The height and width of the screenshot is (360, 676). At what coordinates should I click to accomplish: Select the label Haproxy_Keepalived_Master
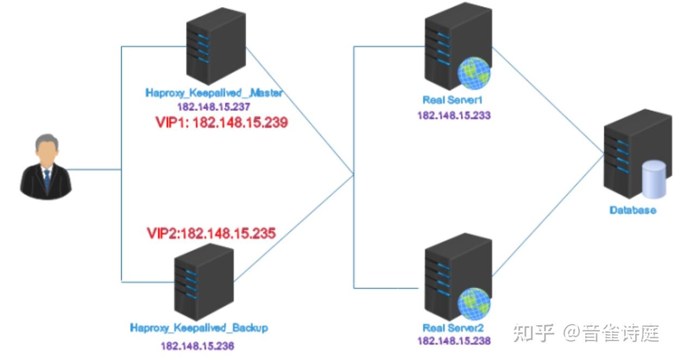pyautogui.click(x=214, y=93)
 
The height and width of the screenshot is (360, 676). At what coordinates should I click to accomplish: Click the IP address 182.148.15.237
pyautogui.click(x=214, y=106)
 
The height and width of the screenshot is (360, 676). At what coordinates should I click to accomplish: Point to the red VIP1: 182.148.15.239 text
pyautogui.click(x=221, y=123)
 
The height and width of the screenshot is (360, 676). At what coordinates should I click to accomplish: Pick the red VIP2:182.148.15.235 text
pyautogui.click(x=211, y=234)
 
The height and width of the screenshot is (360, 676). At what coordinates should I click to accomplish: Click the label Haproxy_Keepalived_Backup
pyautogui.click(x=199, y=328)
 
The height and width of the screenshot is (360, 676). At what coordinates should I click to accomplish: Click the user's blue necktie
pyautogui.click(x=47, y=179)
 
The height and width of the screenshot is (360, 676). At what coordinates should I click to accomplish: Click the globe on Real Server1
pyautogui.click(x=474, y=73)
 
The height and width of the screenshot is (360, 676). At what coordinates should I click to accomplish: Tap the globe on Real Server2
pyautogui.click(x=474, y=303)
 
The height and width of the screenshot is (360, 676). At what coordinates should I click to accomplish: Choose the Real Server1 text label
pyautogui.click(x=453, y=100)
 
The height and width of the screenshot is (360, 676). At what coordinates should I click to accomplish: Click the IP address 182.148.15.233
pyautogui.click(x=454, y=115)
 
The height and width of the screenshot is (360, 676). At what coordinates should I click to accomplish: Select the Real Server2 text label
pyautogui.click(x=453, y=328)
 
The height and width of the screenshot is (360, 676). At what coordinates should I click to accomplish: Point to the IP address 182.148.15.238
pyautogui.click(x=454, y=342)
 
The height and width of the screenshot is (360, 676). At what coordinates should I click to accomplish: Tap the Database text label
pyautogui.click(x=633, y=210)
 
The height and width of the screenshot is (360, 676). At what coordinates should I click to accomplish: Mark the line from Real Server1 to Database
pyautogui.click(x=549, y=101)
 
